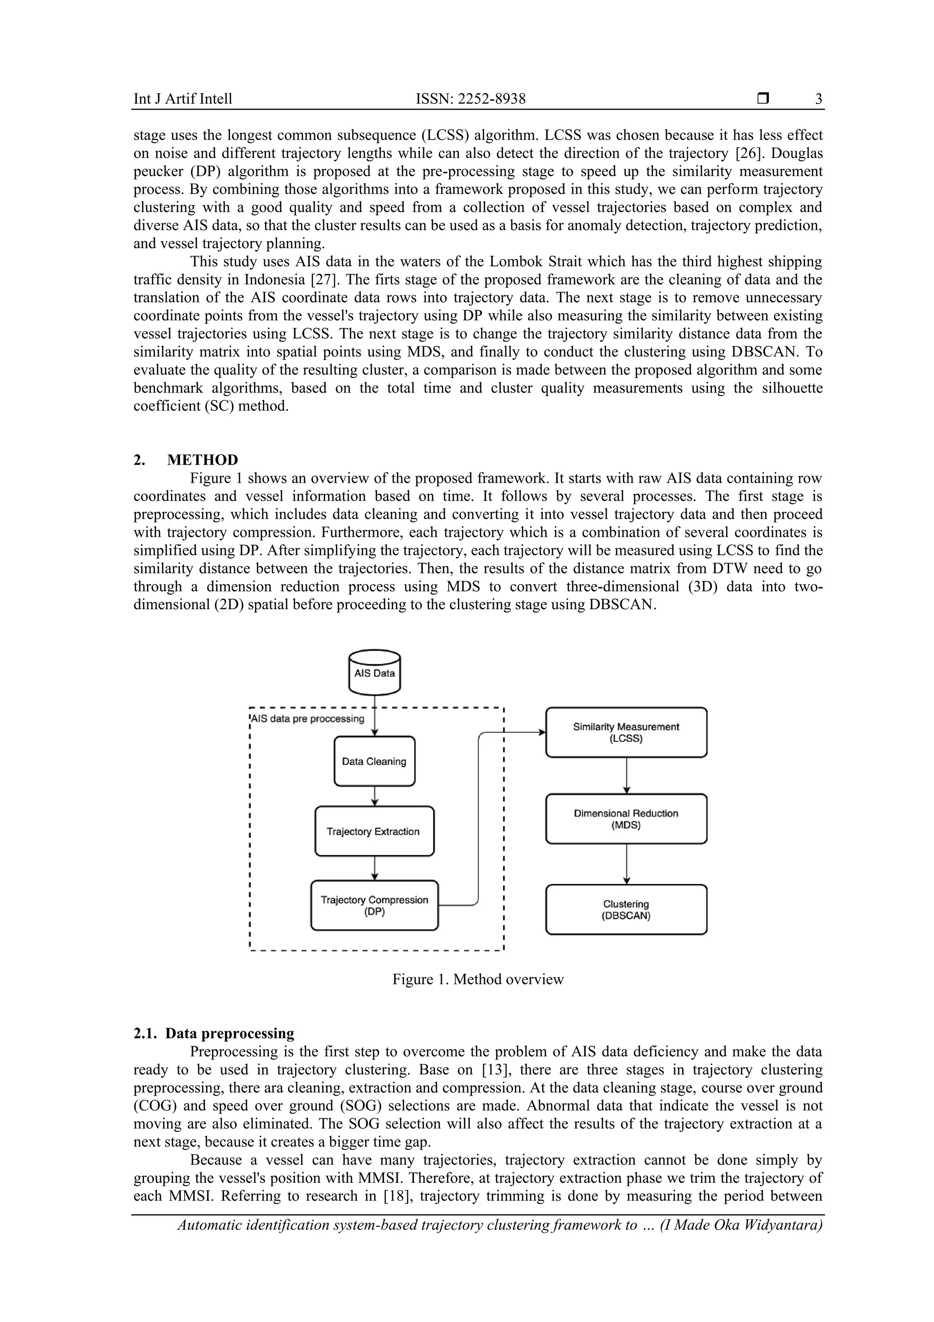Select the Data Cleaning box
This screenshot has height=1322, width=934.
tap(374, 761)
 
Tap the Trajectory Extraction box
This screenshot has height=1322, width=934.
tap(374, 831)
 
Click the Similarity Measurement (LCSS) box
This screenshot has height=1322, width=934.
tap(626, 732)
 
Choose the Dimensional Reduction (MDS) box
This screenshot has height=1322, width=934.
tap(626, 819)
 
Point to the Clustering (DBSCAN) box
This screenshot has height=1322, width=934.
tap(626, 910)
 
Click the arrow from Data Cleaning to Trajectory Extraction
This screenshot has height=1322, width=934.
tap(374, 796)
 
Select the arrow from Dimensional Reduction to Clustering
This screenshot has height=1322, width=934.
tap(627, 864)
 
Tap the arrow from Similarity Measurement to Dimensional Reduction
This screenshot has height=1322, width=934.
tap(627, 776)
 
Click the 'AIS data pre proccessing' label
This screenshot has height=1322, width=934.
tap(308, 719)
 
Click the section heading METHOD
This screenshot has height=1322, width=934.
tap(202, 460)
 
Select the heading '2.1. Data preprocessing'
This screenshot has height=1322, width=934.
tap(213, 1033)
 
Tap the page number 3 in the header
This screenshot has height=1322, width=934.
tap(818, 99)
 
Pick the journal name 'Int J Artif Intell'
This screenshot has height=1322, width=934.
tap(183, 99)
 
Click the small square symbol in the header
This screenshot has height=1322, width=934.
tap(763, 99)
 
